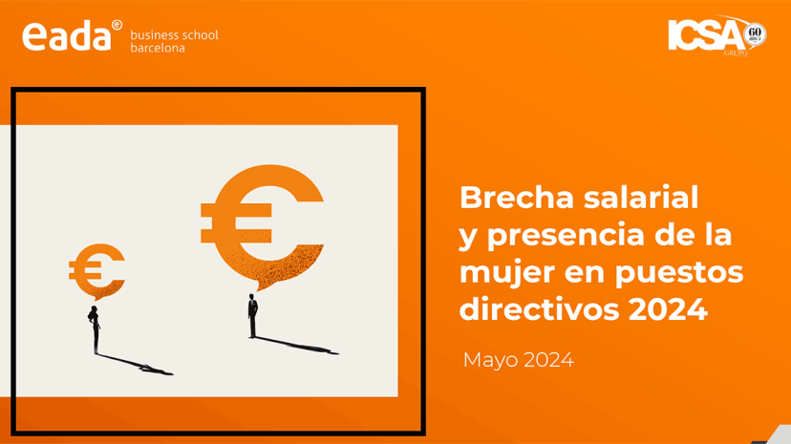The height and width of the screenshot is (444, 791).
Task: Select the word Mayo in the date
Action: (490, 360)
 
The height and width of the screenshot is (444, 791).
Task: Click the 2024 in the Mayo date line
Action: (547, 360)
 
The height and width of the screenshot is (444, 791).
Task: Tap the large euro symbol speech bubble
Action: (263, 224)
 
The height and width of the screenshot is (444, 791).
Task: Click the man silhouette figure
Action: (252, 316)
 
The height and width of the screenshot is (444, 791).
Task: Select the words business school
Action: (174, 35)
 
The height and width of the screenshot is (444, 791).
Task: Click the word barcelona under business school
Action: (158, 48)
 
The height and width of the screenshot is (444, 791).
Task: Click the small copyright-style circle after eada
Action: (117, 24)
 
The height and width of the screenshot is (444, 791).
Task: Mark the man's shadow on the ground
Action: (296, 345)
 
